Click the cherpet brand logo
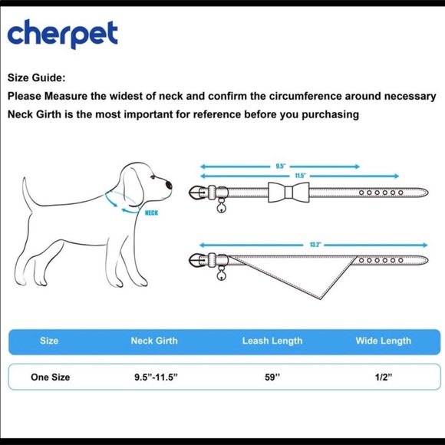62,34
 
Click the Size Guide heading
36,77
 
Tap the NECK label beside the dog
151,213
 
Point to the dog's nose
169,185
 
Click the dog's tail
26,193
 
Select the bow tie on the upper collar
288,193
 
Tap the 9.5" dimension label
280,166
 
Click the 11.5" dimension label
300,176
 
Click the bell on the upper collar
221,208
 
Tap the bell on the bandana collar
221,275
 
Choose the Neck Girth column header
154,341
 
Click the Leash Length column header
272,341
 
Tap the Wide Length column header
384,341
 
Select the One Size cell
50,377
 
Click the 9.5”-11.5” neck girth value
156,377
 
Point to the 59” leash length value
272,377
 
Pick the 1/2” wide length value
384,377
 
